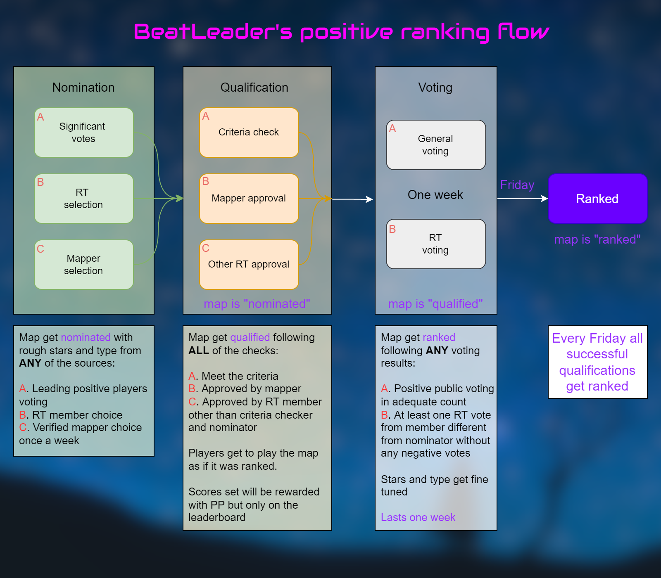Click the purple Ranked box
597,199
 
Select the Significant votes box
84,133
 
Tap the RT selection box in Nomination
84,199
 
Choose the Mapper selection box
84,265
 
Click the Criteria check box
249,133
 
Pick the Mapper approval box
249,199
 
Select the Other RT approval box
249,265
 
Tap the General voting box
435,145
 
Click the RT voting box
435,244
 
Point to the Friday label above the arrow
517,185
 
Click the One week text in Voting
435,195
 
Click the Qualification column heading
254,88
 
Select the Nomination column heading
83,88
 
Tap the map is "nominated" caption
257,304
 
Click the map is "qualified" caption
435,304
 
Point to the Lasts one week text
418,517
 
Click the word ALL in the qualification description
198,351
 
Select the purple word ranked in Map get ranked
439,337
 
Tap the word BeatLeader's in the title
213,32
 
